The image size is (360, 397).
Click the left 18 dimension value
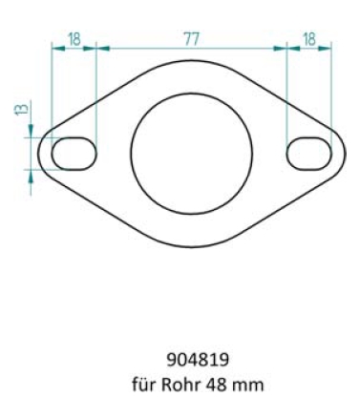pos(74,38)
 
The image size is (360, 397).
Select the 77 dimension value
pos(192,38)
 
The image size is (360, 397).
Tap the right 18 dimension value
pos(309,38)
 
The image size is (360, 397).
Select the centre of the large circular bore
pos(192,153)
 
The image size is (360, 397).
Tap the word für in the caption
pos(143,384)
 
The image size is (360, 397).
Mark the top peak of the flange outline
pos(192,67)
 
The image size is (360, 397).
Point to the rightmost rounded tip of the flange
pos(345,153)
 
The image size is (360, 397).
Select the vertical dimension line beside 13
pos(32,153)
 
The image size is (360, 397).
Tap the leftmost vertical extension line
pos(53,86)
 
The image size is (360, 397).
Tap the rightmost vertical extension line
pos(331,86)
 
